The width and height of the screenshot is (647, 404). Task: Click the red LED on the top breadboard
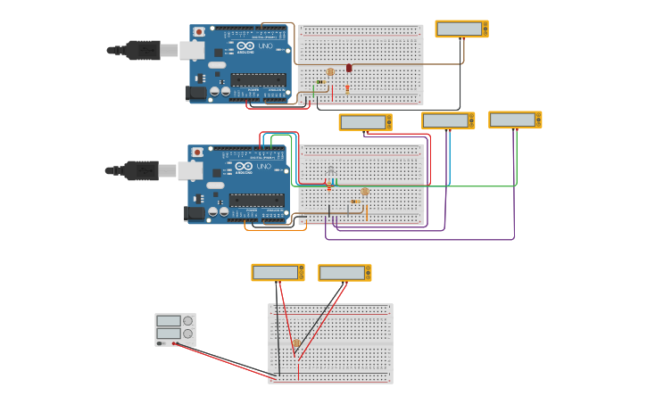click(x=349, y=68)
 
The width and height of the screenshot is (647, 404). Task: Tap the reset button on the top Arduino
click(x=198, y=32)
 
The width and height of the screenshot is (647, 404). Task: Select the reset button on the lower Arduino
click(x=196, y=153)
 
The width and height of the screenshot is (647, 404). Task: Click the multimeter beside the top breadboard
click(x=461, y=29)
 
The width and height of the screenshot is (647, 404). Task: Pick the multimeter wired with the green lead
click(x=515, y=120)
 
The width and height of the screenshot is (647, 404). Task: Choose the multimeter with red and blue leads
click(x=448, y=120)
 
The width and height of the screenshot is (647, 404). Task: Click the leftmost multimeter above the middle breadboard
click(x=365, y=122)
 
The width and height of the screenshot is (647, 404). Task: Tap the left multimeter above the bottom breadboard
click(x=278, y=272)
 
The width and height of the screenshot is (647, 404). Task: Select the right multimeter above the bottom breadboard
click(x=344, y=273)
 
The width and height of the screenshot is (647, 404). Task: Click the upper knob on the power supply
click(x=187, y=321)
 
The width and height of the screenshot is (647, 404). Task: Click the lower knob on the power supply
click(x=187, y=334)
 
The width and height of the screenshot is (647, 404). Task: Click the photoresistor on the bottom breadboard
click(x=296, y=342)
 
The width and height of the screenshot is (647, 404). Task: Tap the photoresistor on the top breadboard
click(x=330, y=71)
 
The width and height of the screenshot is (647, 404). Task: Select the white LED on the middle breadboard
click(x=330, y=169)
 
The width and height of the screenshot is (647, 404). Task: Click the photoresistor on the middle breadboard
click(x=364, y=192)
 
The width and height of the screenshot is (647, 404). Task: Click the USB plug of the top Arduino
click(x=143, y=50)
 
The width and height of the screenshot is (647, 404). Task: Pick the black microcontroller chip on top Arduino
click(x=259, y=79)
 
